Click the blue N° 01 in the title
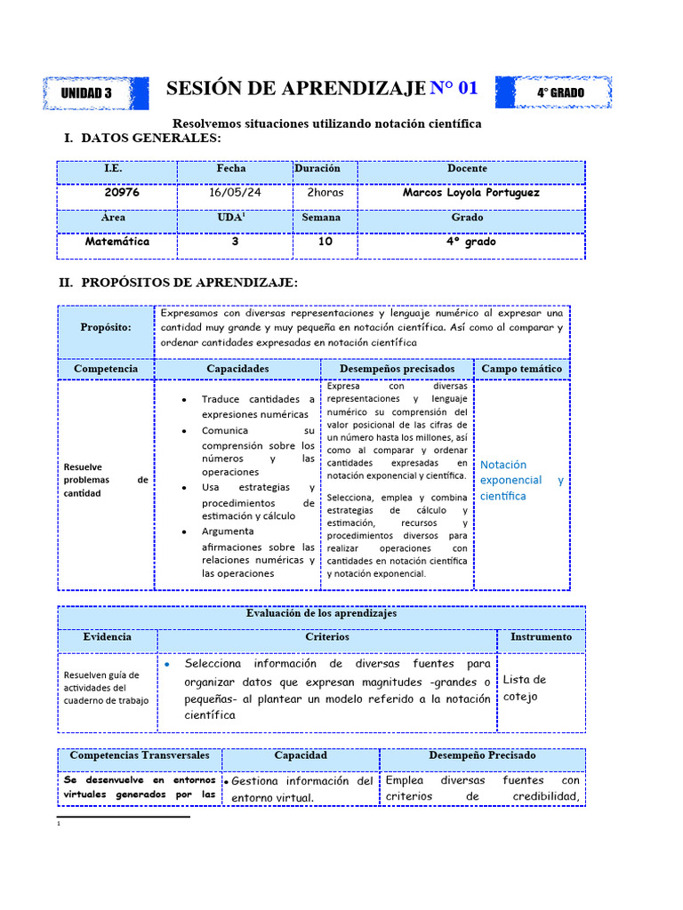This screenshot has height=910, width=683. (x=454, y=88)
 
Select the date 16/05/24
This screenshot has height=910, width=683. (x=235, y=192)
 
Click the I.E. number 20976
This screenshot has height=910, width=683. (x=121, y=192)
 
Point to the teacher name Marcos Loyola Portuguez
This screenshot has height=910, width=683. (x=470, y=192)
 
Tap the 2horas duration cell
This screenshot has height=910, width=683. (x=325, y=192)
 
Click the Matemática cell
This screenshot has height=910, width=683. (x=117, y=241)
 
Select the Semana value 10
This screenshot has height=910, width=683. (x=325, y=241)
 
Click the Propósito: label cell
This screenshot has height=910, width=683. (x=106, y=327)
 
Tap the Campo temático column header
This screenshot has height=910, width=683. (x=521, y=368)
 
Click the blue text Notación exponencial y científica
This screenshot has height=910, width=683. (x=521, y=480)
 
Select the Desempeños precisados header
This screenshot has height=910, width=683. (x=397, y=368)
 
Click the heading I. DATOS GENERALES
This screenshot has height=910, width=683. (x=142, y=139)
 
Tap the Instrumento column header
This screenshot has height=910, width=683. (x=541, y=637)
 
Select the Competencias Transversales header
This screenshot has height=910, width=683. (x=140, y=755)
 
